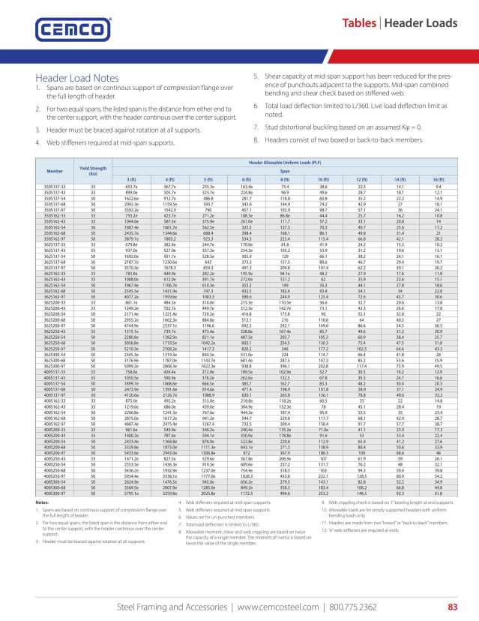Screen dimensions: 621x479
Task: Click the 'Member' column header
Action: click(55, 171)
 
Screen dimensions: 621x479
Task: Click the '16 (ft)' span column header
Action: click(438, 179)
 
